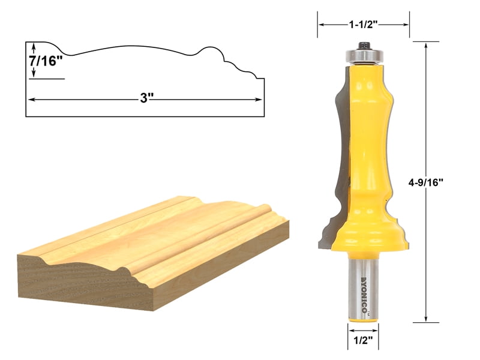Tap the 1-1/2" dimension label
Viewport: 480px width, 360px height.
pyautogui.click(x=364, y=25)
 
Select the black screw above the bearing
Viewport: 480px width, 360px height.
pyautogui.click(x=364, y=44)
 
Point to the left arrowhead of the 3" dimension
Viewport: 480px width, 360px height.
pyautogui.click(x=31, y=99)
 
